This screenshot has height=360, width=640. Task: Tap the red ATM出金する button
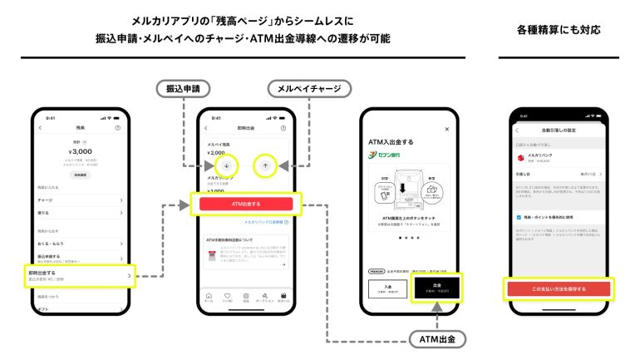(x=245, y=204)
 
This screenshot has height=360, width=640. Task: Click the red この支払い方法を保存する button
(x=559, y=288)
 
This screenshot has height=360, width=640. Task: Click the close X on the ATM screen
(x=446, y=130)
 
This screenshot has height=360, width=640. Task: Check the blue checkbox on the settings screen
(x=518, y=216)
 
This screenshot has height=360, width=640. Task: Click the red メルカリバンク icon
(x=520, y=156)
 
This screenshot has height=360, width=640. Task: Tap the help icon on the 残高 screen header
(x=118, y=128)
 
